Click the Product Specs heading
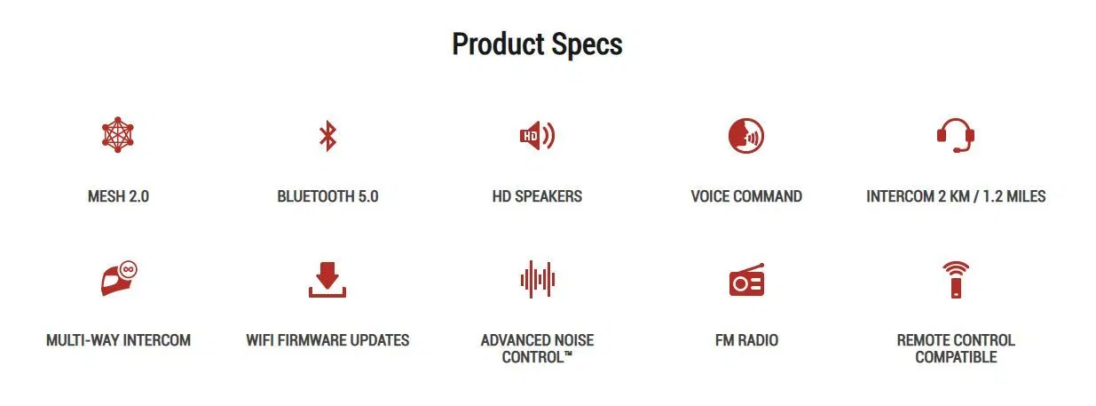(537, 44)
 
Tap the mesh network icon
(118, 135)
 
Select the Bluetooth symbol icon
(327, 136)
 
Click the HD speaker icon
(537, 135)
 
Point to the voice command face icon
(746, 136)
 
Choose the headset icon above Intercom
(956, 135)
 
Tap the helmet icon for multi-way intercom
(119, 278)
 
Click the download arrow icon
(327, 280)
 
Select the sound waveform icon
(537, 279)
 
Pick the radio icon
(746, 280)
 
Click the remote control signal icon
(956, 280)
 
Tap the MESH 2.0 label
(118, 196)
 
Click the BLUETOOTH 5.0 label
(327, 196)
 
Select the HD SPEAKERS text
(537, 196)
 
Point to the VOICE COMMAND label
(746, 196)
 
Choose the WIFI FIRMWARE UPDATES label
(327, 340)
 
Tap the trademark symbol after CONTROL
(569, 353)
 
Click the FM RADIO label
(746, 340)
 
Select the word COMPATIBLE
(956, 357)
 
